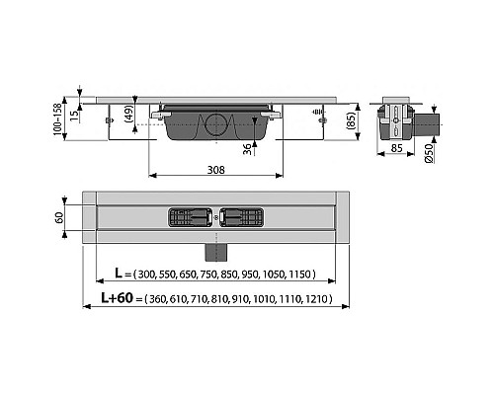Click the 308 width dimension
click(214, 170)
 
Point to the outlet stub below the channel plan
click(215, 244)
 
